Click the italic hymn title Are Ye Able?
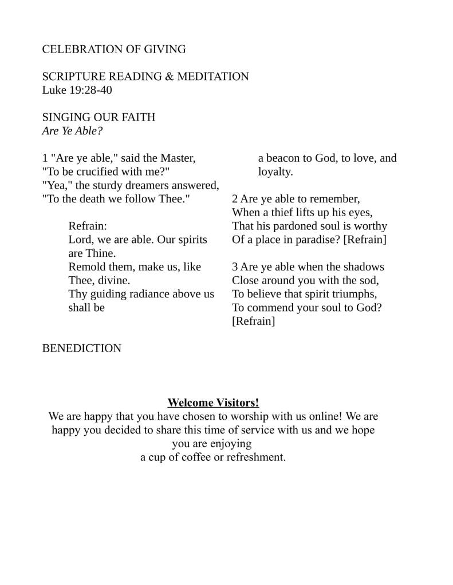pyautogui.click(x=72, y=131)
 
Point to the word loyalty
pyautogui.click(x=275, y=172)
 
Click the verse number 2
pyautogui.click(x=235, y=199)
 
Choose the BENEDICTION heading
pyautogui.click(x=82, y=348)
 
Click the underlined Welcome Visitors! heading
pyautogui.click(x=213, y=403)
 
